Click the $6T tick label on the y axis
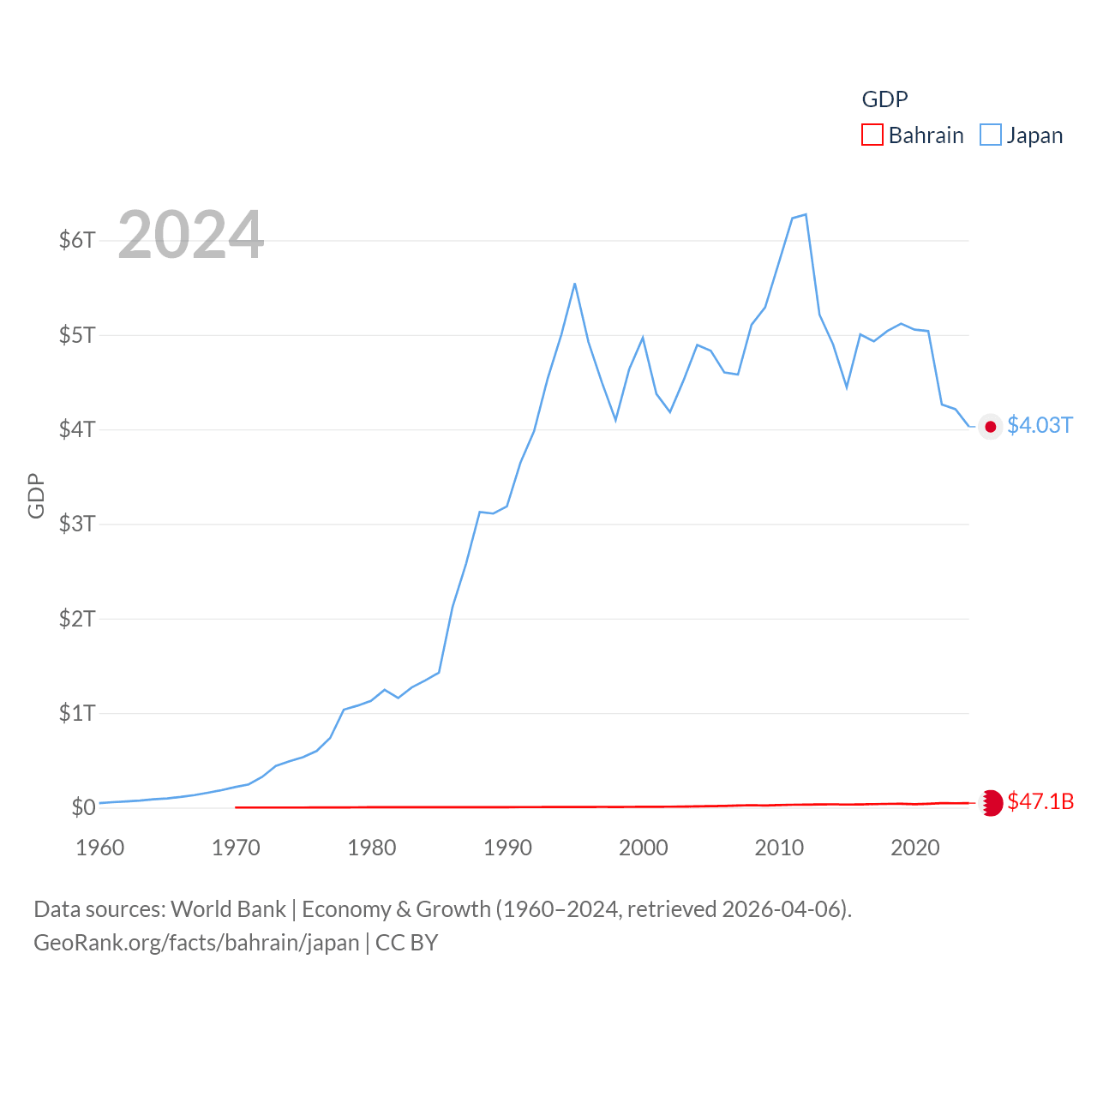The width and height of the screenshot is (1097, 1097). coord(77,240)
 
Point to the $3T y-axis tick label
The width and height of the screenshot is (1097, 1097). coord(77,524)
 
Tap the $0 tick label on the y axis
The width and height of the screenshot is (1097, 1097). coord(83,807)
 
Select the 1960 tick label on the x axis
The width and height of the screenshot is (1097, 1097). coord(100,848)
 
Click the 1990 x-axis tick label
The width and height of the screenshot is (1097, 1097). coord(507,848)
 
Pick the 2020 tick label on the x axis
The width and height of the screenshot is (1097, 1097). coord(915,848)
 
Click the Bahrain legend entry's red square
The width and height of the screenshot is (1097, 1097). coord(872,135)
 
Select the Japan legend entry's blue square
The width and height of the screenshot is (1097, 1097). coord(991,135)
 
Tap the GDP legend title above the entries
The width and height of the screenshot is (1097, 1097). coord(884,99)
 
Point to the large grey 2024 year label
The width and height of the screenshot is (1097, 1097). coord(190,235)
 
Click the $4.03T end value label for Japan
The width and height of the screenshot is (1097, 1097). coord(1040,425)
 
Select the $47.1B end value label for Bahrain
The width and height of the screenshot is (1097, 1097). coord(1040,801)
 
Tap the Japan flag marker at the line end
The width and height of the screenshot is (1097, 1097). coord(991,427)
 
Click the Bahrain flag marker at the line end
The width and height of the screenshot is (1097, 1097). coord(991,803)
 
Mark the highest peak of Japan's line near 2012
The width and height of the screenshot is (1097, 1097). coord(806,214)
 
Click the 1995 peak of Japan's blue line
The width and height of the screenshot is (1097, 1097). coord(574,284)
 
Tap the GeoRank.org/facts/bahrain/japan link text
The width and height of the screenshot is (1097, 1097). coord(196,943)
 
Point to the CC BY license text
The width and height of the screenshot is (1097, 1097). coord(407,943)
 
